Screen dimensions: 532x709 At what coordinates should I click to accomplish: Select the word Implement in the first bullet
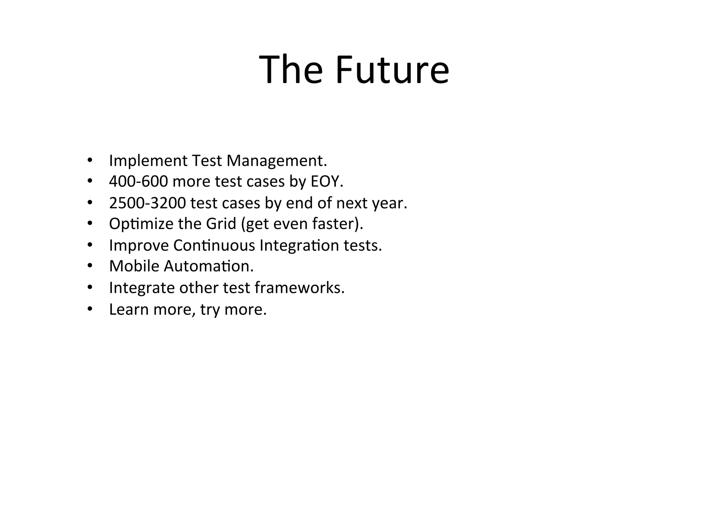[x=148, y=161]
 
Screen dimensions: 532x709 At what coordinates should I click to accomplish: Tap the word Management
[x=277, y=161]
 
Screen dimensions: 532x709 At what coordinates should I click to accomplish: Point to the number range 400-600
[x=138, y=181]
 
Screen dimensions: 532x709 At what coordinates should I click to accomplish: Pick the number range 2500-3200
[x=147, y=203]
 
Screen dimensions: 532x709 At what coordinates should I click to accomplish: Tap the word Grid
[x=221, y=223]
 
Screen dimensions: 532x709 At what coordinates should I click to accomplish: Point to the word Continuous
[x=214, y=245]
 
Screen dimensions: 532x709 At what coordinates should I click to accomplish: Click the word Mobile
[x=134, y=266]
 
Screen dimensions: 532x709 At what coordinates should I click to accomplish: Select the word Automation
[x=208, y=266]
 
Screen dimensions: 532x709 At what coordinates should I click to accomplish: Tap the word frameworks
[x=299, y=287]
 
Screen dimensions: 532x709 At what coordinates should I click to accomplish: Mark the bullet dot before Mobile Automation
[x=90, y=266]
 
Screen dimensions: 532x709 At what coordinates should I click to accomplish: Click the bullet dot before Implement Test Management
[x=90, y=160]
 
